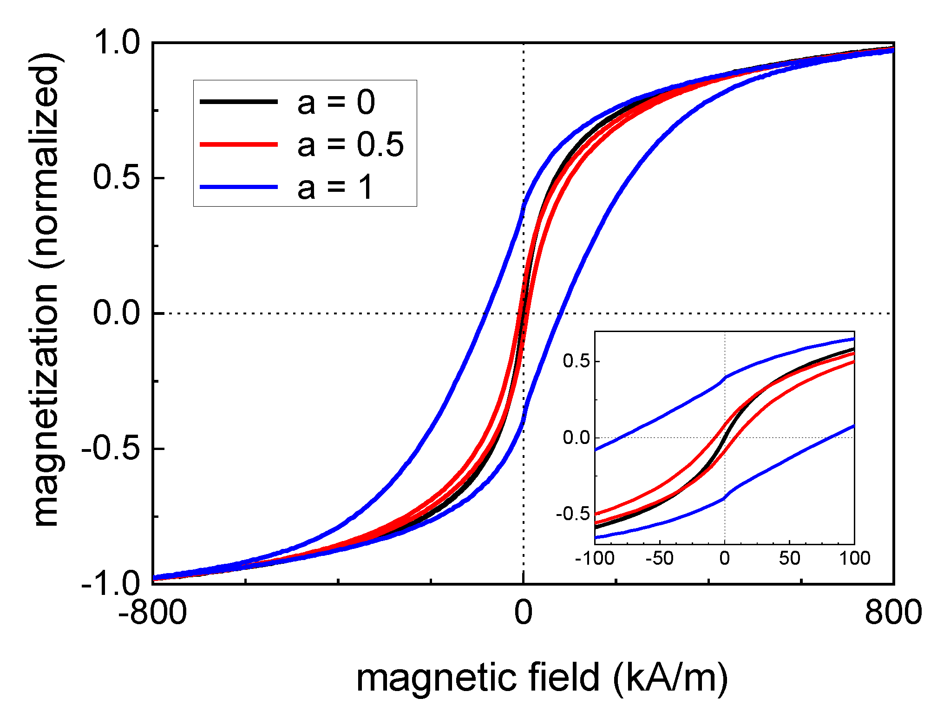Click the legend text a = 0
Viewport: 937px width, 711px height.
coord(336,103)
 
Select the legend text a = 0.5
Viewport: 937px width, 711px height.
coord(351,144)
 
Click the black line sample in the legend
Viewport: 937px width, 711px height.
coord(239,101)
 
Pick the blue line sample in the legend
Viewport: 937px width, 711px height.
coord(239,187)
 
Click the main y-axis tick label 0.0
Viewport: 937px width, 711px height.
coord(117,313)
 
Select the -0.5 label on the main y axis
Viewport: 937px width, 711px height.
coord(111,448)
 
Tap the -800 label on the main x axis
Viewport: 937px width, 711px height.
coord(152,612)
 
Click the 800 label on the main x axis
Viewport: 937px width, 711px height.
coord(893,612)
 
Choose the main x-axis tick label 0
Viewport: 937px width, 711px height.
coord(523,612)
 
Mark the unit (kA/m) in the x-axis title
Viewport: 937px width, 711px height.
coord(670,678)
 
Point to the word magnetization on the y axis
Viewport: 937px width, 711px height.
coord(46,404)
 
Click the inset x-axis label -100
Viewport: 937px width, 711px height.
coord(595,558)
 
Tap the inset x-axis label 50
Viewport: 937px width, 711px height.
coord(789,558)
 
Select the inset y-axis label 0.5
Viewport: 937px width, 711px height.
coord(576,361)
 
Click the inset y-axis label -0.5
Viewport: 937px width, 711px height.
coord(572,514)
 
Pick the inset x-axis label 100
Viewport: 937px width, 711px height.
coord(854,558)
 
